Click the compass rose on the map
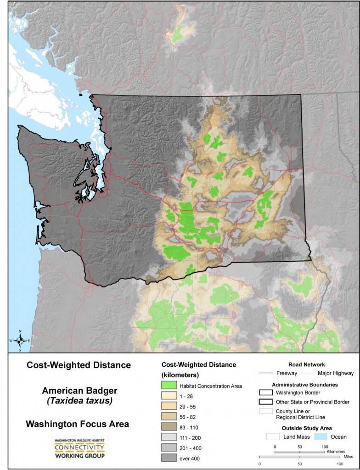click(20, 340)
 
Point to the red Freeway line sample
click(267, 373)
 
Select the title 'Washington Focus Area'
click(78, 424)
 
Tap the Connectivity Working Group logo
click(79, 448)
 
